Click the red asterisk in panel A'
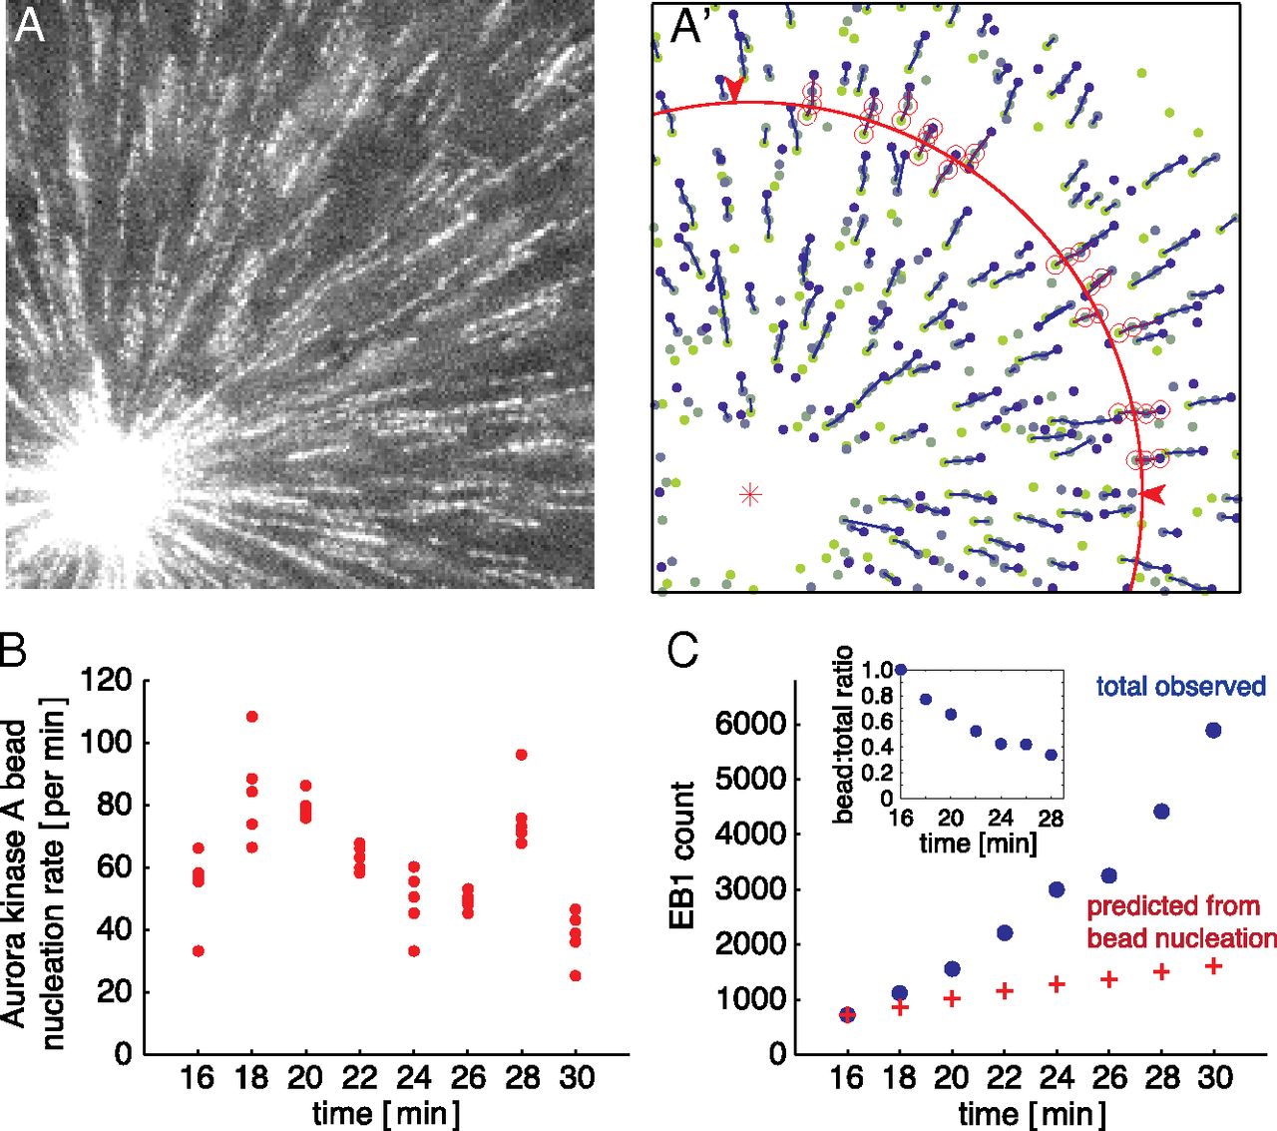(750, 493)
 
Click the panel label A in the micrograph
(30, 26)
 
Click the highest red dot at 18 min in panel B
(252, 716)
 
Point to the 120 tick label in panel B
(107, 681)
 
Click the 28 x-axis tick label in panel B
(523, 1077)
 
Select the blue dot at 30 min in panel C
(1213, 730)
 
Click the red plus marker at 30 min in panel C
(1213, 966)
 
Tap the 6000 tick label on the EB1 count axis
(750, 723)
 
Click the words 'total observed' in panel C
(1180, 687)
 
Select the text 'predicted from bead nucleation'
(1181, 921)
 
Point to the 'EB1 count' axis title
(683, 855)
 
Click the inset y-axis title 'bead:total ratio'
(843, 734)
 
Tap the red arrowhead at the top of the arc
(734, 90)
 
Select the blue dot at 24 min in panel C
(1057, 889)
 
